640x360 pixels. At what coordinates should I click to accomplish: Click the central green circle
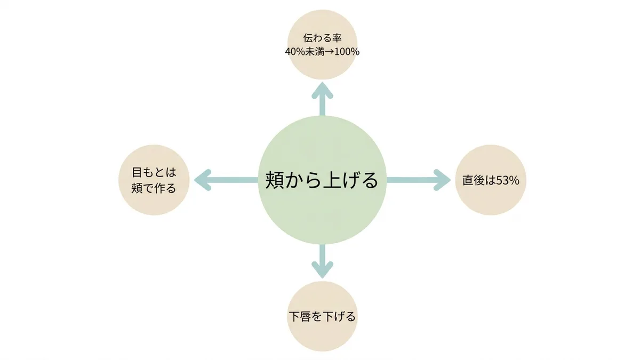click(x=322, y=180)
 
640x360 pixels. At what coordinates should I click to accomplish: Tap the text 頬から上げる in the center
click(x=322, y=180)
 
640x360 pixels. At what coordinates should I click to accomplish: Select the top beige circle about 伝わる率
click(x=322, y=45)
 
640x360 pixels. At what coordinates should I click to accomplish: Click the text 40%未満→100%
click(x=322, y=52)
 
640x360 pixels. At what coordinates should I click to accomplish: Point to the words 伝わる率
click(x=322, y=38)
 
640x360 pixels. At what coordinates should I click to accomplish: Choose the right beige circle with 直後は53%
click(x=491, y=180)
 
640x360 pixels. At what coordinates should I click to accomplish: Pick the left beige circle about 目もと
click(x=154, y=180)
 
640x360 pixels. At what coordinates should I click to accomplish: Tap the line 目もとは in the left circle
click(x=154, y=172)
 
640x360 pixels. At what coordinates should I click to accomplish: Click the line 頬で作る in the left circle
click(x=154, y=188)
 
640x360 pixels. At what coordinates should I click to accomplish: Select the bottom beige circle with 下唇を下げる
click(x=322, y=316)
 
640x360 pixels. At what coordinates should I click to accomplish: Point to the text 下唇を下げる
click(x=322, y=317)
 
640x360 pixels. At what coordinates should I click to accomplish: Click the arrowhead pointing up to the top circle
click(x=322, y=91)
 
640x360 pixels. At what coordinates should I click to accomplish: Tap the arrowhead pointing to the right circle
click(x=442, y=180)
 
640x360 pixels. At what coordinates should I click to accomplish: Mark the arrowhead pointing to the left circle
click(x=203, y=180)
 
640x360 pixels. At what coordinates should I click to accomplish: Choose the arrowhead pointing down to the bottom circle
click(x=322, y=270)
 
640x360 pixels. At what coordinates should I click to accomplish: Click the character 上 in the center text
click(x=332, y=180)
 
